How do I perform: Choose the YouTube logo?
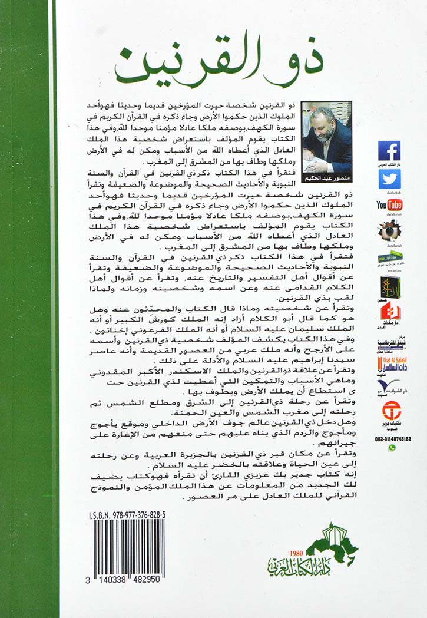[x=389, y=205]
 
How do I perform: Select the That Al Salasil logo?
[x=390, y=363]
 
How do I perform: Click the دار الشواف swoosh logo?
[x=390, y=386]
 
